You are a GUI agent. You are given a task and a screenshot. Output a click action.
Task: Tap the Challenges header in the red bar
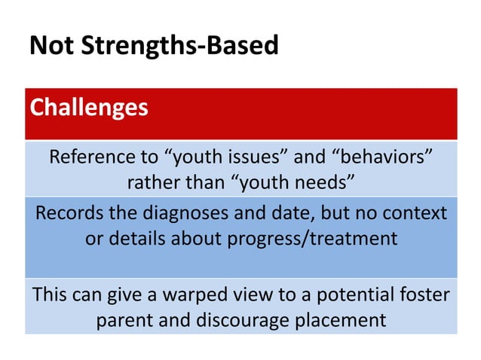88,107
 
